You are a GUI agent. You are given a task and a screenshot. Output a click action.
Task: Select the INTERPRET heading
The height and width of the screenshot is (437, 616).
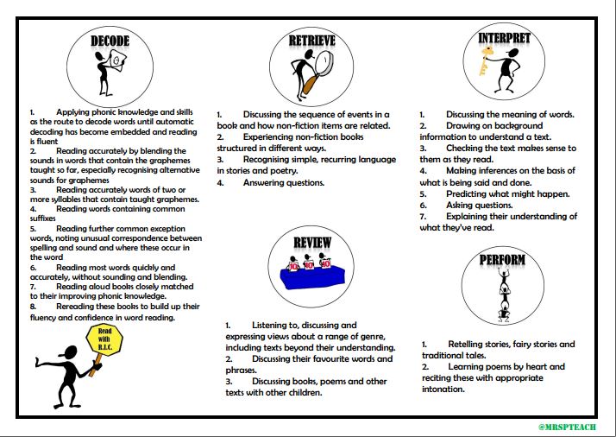click(504, 38)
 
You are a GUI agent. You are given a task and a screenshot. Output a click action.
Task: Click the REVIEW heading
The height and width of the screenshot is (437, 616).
click(311, 243)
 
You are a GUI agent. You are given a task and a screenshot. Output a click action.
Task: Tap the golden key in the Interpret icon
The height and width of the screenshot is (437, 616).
click(489, 66)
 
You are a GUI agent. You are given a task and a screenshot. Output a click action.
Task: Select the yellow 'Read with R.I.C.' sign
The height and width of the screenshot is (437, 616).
click(104, 341)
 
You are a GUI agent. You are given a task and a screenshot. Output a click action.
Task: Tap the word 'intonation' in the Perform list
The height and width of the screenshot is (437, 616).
click(443, 389)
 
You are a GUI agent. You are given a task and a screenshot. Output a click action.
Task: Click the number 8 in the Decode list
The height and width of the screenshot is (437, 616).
click(32, 306)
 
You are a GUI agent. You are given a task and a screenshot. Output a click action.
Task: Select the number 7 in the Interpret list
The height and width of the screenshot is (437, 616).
click(423, 216)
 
